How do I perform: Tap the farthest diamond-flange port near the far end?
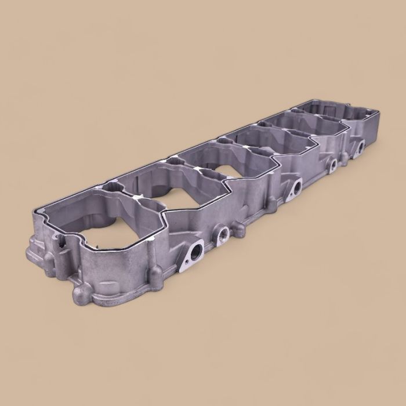point(360,148)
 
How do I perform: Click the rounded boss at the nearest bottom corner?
point(81,289)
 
